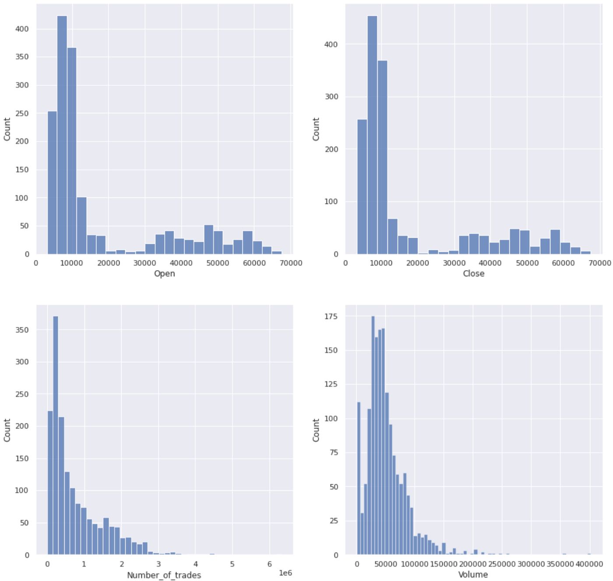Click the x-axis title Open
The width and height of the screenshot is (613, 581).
[x=164, y=274]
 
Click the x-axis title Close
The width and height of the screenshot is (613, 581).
[x=473, y=274]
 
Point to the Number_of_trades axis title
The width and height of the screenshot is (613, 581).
[x=164, y=575]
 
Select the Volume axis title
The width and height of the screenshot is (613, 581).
[x=473, y=574]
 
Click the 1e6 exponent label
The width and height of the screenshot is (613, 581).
[x=285, y=573]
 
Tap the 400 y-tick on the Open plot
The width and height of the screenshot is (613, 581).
[x=21, y=29]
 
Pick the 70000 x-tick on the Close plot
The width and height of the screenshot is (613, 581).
[x=599, y=263]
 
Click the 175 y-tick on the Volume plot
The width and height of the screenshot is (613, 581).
[x=331, y=317]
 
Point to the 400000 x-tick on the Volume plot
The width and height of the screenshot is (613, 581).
[x=589, y=564]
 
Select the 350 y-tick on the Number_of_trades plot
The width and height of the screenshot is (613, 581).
[x=21, y=330]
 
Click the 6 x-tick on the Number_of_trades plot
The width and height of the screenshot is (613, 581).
[x=269, y=564]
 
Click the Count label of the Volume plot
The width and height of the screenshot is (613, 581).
[x=316, y=430]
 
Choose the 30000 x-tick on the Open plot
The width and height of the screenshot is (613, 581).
[x=145, y=263]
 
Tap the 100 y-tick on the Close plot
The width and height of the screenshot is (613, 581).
[x=331, y=202]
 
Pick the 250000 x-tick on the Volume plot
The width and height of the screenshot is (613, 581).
[x=502, y=564]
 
